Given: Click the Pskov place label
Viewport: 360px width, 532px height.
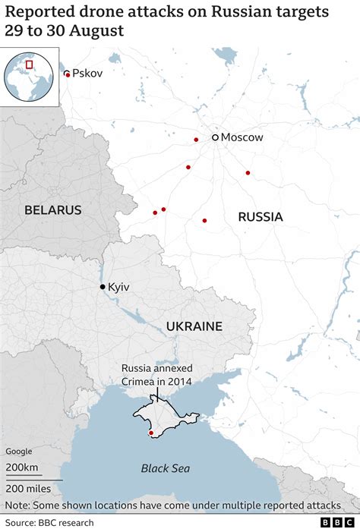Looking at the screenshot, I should (x=87, y=74).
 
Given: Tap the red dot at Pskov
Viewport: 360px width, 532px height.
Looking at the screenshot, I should (x=68, y=74).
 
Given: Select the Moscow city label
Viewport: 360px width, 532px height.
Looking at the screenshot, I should (x=242, y=137).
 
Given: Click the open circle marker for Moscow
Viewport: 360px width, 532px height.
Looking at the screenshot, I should (x=216, y=137).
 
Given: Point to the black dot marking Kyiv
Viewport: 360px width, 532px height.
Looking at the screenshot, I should (x=103, y=287).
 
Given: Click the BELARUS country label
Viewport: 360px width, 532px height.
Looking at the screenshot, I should (x=52, y=210).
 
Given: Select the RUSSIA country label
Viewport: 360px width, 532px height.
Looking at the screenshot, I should (x=260, y=217).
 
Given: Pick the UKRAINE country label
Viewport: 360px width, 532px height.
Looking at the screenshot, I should (x=194, y=326).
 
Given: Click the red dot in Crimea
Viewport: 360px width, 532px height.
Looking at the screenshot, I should (x=151, y=433).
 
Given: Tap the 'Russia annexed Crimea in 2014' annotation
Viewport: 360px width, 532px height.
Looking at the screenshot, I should (x=156, y=375).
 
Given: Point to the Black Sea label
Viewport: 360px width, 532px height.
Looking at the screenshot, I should (x=165, y=468).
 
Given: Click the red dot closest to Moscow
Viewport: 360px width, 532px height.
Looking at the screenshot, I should (x=196, y=140).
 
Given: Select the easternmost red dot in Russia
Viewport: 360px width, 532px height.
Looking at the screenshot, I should (x=248, y=173).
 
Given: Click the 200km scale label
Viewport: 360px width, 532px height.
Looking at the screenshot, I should (x=22, y=467).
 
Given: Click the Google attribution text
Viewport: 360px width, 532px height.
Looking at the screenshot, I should (x=20, y=452).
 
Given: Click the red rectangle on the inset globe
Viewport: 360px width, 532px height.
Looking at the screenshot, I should (x=30, y=65).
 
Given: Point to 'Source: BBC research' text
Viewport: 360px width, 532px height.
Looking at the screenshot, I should (x=50, y=522).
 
